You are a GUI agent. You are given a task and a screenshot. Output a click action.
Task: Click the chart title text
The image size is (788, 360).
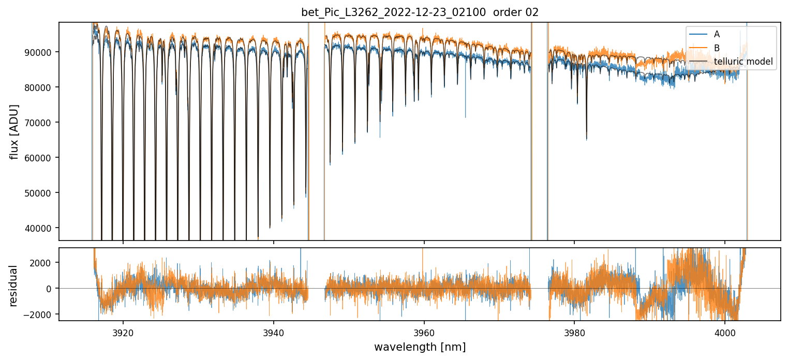pos(420,12)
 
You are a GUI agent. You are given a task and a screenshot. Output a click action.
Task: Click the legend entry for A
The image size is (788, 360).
pos(717,34)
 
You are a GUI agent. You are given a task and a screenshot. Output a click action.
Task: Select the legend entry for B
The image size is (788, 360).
pos(717,48)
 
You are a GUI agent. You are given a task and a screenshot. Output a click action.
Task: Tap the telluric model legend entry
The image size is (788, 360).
pos(743,62)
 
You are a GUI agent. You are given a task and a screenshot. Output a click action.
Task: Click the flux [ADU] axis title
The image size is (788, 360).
pos(14,131)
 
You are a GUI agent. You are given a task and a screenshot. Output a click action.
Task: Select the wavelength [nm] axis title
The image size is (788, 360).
pos(420,347)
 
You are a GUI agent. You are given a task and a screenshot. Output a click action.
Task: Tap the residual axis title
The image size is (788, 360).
pos(14,286)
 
